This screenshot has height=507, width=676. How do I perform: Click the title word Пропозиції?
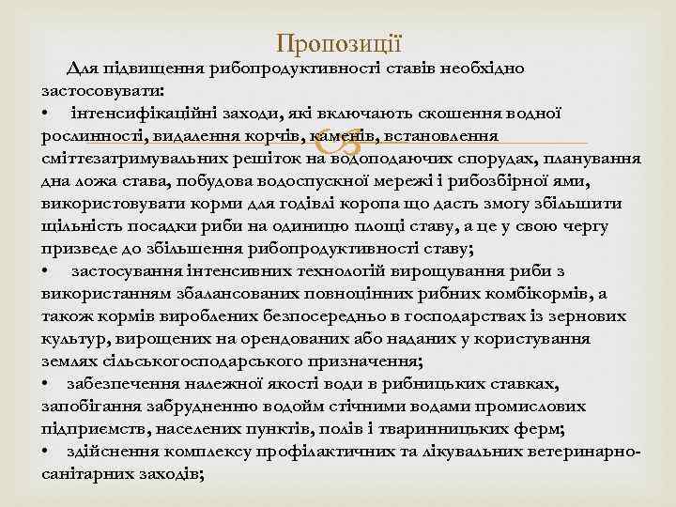339,43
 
